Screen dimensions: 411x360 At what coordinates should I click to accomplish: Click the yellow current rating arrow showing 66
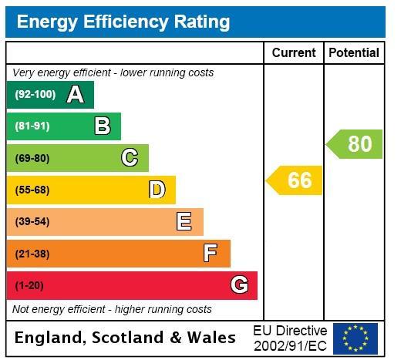pyautogui.click(x=294, y=180)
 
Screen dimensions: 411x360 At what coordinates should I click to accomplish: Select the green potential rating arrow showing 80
pyautogui.click(x=354, y=144)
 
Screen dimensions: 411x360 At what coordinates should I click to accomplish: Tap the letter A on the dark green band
pyautogui.click(x=76, y=95)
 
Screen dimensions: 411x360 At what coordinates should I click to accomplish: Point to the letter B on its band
pyautogui.click(x=103, y=126)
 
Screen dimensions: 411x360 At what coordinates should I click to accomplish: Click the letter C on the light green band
pyautogui.click(x=130, y=157)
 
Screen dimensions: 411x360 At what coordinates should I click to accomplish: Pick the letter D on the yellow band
pyautogui.click(x=157, y=189)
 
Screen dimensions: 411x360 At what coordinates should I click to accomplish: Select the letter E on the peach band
pyautogui.click(x=184, y=221)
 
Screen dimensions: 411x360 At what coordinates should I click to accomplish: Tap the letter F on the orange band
pyautogui.click(x=211, y=253)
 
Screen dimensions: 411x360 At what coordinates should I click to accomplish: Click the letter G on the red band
pyautogui.click(x=239, y=284)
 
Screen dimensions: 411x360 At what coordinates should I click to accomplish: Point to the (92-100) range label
pyautogui.click(x=35, y=94)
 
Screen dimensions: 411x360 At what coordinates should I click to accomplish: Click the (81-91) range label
pyautogui.click(x=32, y=126)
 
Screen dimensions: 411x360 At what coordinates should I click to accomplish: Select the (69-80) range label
pyautogui.click(x=32, y=158)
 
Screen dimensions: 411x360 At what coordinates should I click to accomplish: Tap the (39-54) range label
pyautogui.click(x=32, y=222)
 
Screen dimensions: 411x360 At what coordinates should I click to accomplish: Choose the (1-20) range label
pyautogui.click(x=29, y=285)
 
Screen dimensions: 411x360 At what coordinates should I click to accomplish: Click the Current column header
pyautogui.click(x=294, y=52)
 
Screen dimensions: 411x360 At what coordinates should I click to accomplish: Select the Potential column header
pyautogui.click(x=354, y=52)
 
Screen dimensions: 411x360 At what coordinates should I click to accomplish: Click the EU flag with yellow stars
pyautogui.click(x=355, y=338)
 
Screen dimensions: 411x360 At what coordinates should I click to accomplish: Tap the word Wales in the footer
pyautogui.click(x=211, y=338)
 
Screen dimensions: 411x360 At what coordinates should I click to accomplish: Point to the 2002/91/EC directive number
pyautogui.click(x=291, y=346)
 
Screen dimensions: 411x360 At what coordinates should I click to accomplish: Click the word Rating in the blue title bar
pyautogui.click(x=202, y=22)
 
